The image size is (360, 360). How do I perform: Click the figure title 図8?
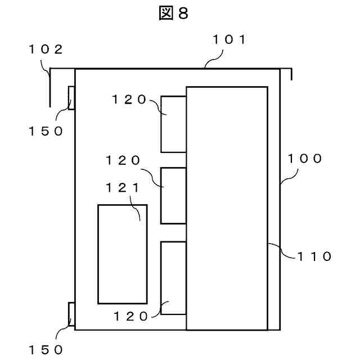click(x=173, y=14)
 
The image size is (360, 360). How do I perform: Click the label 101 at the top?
click(x=229, y=39)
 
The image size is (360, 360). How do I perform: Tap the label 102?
click(x=46, y=49)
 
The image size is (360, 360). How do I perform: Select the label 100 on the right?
click(x=305, y=159)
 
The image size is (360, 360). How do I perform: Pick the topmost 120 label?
click(x=129, y=100)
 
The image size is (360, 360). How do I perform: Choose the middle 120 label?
click(x=123, y=160)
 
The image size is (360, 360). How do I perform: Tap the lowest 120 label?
click(x=131, y=316)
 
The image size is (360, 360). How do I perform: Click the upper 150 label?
click(x=46, y=132)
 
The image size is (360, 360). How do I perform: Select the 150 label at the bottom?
click(x=46, y=349)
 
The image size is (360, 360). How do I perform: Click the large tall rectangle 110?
click(x=227, y=208)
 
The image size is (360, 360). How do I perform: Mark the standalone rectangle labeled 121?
click(x=123, y=254)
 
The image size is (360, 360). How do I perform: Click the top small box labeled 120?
click(x=173, y=124)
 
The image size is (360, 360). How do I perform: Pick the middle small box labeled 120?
click(x=173, y=196)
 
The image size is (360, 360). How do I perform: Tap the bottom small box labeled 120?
click(x=173, y=278)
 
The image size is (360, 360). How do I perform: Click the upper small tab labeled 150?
click(x=71, y=98)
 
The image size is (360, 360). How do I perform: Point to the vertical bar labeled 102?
click(x=50, y=87)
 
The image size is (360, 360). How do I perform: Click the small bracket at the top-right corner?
click(x=289, y=73)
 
